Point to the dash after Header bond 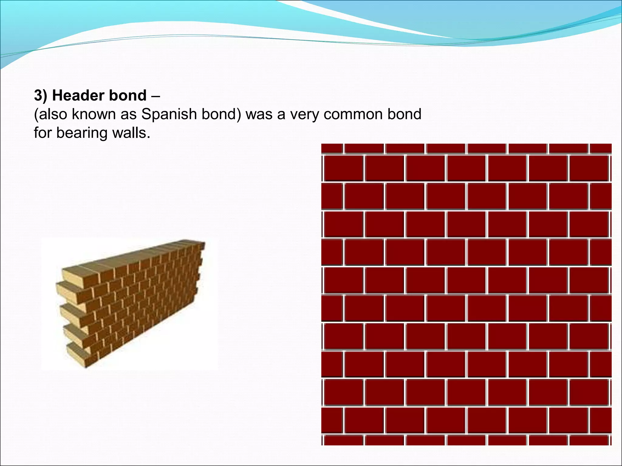[155, 96]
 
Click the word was [259, 114]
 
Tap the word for [43, 133]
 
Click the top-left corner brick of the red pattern [332, 148]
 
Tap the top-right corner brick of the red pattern [601, 148]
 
